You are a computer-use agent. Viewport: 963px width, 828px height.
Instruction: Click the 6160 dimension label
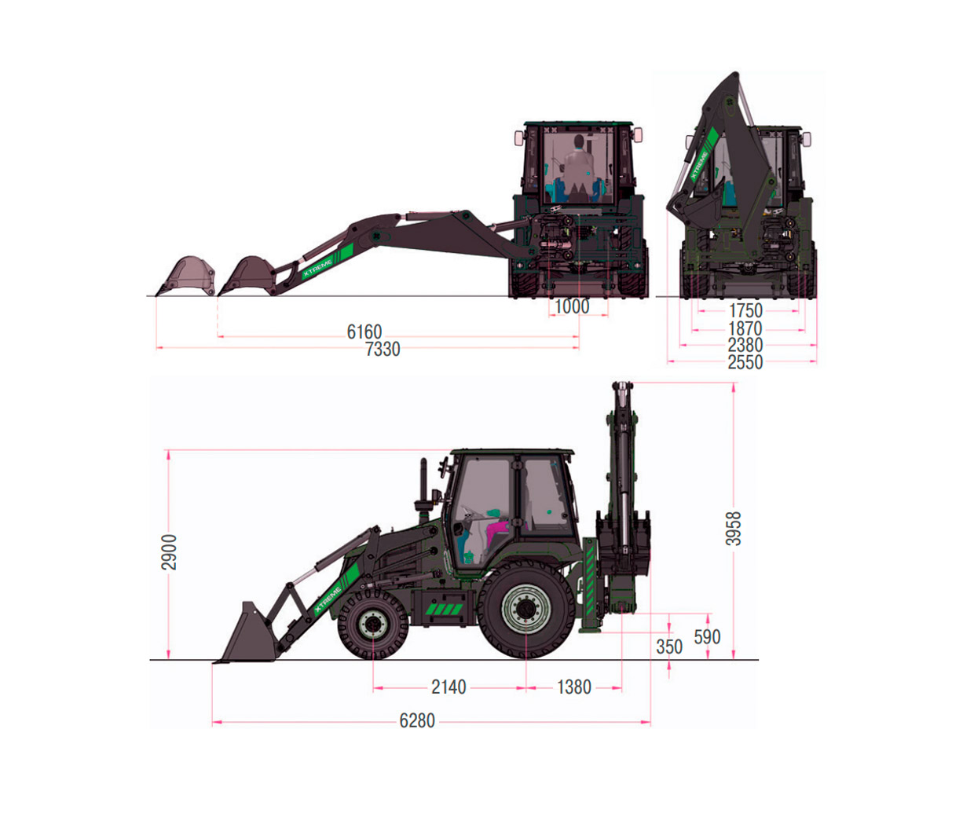click(x=364, y=332)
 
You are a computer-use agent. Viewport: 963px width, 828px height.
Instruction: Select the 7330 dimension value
click(x=383, y=350)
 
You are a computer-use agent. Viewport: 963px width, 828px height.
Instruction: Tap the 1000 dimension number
click(x=572, y=306)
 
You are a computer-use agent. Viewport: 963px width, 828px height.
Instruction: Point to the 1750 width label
click(x=745, y=310)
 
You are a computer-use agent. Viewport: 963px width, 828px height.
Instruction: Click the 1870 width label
click(x=745, y=328)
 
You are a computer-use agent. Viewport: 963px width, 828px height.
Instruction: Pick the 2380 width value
click(x=745, y=346)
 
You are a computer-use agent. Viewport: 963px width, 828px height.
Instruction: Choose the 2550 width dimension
click(x=745, y=362)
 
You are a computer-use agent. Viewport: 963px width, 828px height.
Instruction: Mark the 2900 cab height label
click(x=169, y=552)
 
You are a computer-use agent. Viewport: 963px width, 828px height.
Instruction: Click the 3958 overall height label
click(x=734, y=529)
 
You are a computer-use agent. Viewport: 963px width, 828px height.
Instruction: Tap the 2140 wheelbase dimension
click(x=449, y=687)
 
